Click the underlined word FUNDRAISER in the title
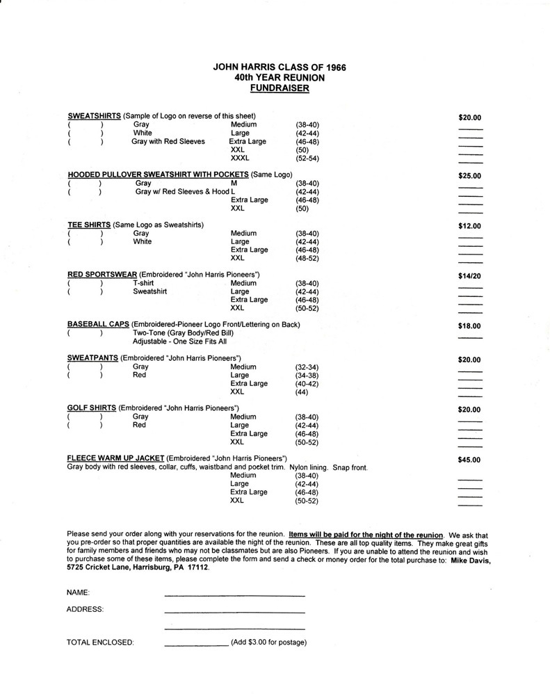click(280, 89)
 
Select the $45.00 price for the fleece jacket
click(469, 460)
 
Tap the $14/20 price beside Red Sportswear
click(469, 276)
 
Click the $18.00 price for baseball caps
click(469, 325)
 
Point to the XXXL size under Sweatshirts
click(240, 159)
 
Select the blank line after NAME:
click(234, 596)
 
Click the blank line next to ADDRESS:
click(234, 612)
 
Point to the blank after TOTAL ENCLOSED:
click(196, 646)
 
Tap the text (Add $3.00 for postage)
click(269, 643)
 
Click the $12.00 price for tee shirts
click(469, 226)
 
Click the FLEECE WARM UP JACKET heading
click(115, 459)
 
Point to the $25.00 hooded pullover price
click(469, 176)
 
